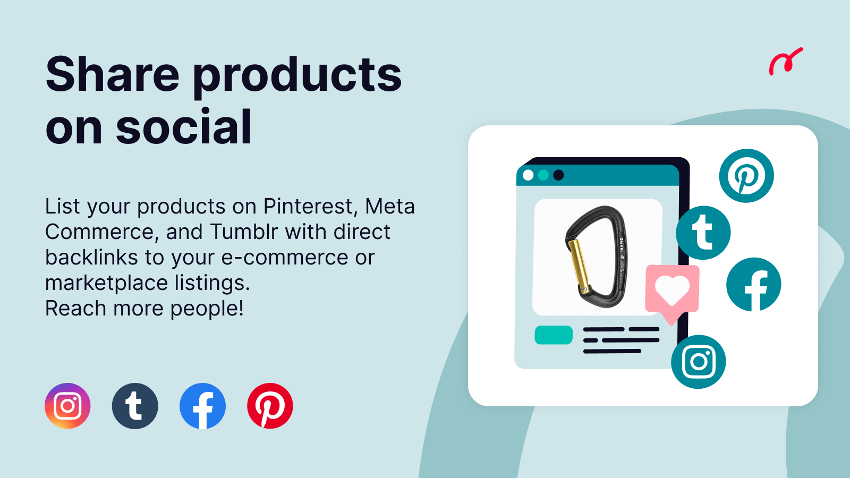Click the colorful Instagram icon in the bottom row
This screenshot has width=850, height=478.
click(x=67, y=406)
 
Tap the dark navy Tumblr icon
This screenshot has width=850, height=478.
click(x=135, y=406)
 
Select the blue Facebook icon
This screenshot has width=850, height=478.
click(x=202, y=406)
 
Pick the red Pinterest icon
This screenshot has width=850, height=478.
click(x=270, y=406)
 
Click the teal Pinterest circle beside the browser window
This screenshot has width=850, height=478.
click(x=746, y=176)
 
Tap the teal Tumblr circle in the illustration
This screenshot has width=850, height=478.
click(x=703, y=233)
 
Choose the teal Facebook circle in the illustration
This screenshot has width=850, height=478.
click(x=754, y=284)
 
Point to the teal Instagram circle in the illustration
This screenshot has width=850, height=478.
click(x=698, y=362)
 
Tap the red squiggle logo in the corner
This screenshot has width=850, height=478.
click(x=785, y=61)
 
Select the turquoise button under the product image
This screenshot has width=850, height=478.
click(x=554, y=335)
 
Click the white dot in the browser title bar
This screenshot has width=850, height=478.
click(x=528, y=175)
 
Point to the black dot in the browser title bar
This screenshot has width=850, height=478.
click(x=558, y=175)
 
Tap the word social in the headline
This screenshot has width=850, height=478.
click(x=184, y=126)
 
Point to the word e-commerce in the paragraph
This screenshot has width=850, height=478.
click(x=285, y=258)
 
